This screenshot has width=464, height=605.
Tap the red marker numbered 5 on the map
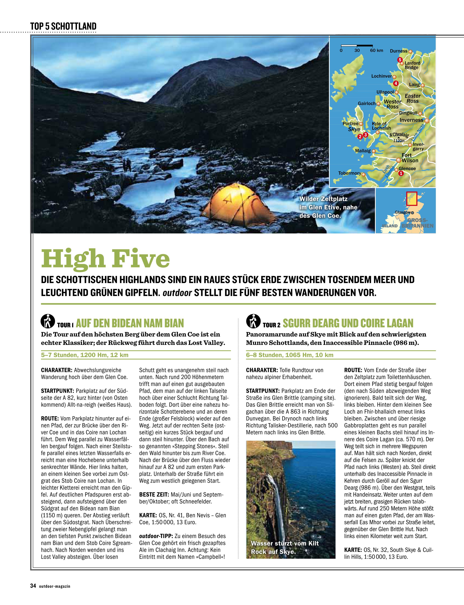click(x=399, y=60)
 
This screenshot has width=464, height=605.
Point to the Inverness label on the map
click(x=411, y=120)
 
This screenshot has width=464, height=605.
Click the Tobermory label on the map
click(x=350, y=173)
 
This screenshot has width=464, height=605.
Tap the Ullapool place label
click(x=385, y=92)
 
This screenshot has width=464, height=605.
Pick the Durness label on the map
click(x=399, y=51)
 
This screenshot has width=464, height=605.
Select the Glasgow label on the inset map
click(x=402, y=212)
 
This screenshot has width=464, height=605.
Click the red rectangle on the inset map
click(x=412, y=198)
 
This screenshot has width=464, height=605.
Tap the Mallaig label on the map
click(x=363, y=151)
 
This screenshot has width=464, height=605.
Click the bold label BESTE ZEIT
click(x=154, y=494)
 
